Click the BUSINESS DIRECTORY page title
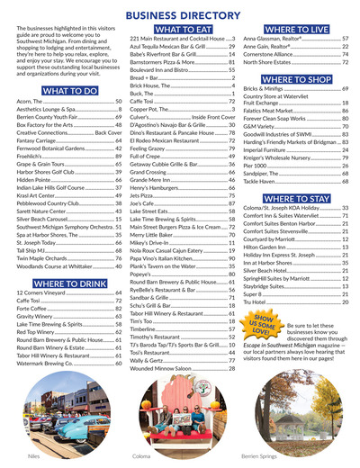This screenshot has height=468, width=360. [x=180, y=14]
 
